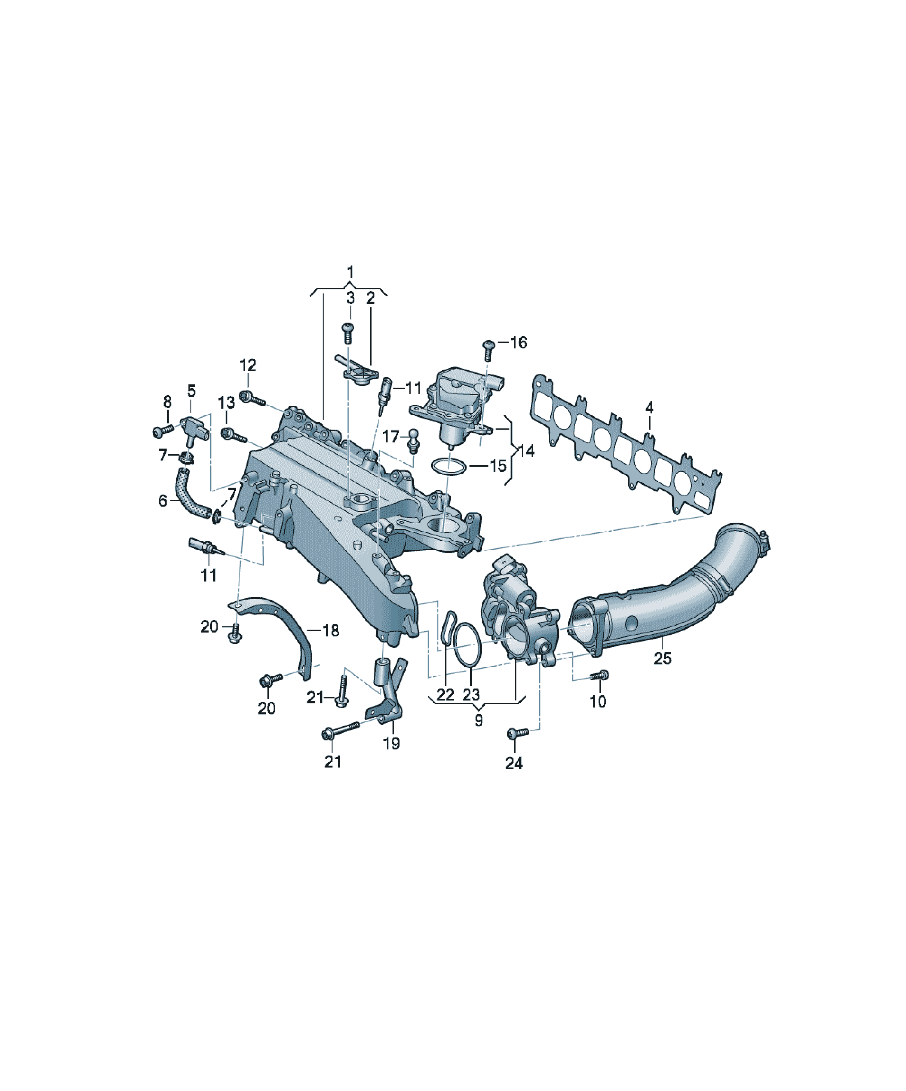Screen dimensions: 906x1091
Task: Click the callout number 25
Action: pos(662,658)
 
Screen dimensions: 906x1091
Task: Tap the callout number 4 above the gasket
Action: pos(649,408)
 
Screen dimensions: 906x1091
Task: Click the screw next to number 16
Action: pos(488,350)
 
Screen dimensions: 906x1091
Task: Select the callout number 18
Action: pos(331,631)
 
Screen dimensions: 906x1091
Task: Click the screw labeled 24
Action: pos(518,733)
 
